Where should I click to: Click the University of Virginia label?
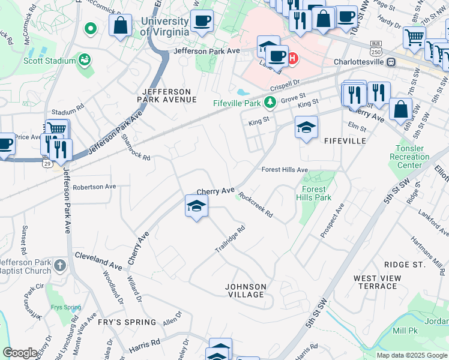pos(164,26)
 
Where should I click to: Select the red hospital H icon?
pos(292,58)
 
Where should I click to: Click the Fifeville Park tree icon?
pos(271,103)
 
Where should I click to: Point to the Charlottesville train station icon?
pos(391,61)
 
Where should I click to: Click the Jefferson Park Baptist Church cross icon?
pos(59,265)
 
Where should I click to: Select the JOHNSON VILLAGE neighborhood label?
pos(245,290)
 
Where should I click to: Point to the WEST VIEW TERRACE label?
pos(378,282)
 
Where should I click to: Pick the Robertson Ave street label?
pos(94,187)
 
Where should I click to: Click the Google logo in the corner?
pos(20,353)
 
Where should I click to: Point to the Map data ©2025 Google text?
pos(411,355)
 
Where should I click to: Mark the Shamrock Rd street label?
pos(136,147)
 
